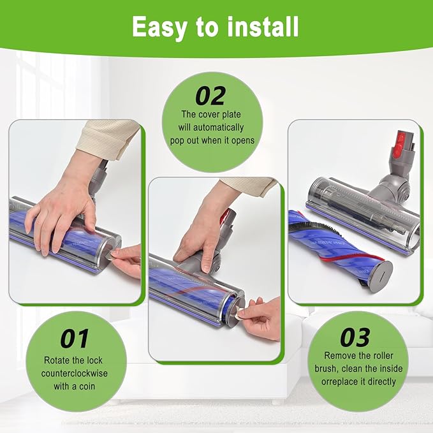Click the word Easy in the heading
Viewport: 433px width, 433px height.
pyautogui.click(x=159, y=27)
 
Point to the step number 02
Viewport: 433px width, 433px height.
pyautogui.click(x=210, y=96)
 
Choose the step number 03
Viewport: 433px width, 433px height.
pyautogui.click(x=355, y=337)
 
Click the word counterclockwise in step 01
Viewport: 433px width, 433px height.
pyautogui.click(x=74, y=373)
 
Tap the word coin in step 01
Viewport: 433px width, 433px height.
pyautogui.click(x=87, y=386)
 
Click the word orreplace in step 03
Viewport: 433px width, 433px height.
pyautogui.click(x=338, y=381)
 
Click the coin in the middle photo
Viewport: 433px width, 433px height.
pyautogui.click(x=240, y=314)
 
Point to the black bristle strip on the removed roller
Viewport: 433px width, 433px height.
pyautogui.click(x=318, y=228)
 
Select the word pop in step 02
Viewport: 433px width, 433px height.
pyautogui.click(x=177, y=140)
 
